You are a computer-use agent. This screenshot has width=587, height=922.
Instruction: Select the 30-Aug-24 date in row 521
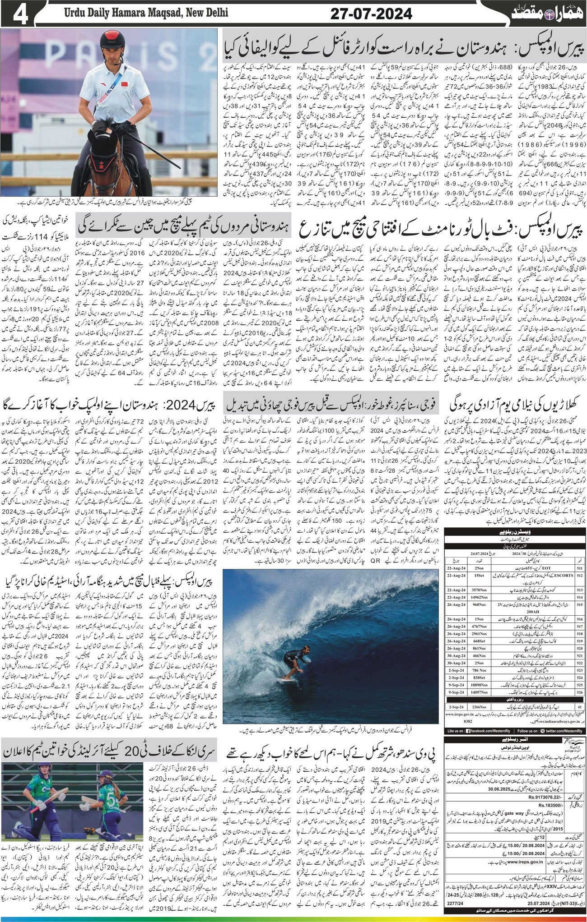(x=454, y=653)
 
